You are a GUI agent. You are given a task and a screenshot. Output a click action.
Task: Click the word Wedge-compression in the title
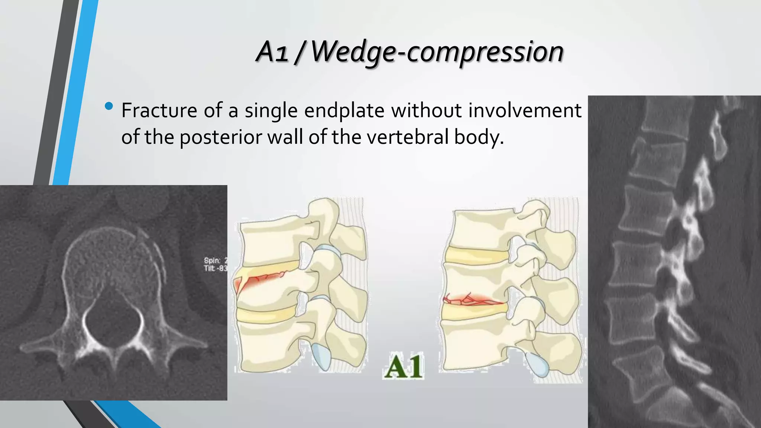point(437,52)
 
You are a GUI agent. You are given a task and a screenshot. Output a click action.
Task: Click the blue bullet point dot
point(109,106)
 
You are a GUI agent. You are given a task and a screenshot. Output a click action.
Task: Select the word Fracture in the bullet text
point(159,111)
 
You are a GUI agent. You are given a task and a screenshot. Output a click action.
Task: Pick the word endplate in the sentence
point(344,111)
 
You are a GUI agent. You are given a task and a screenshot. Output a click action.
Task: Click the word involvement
point(525,111)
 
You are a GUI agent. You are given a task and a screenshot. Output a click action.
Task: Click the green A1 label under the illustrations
point(404,367)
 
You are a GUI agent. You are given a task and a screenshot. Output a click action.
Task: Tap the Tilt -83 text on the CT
point(215,268)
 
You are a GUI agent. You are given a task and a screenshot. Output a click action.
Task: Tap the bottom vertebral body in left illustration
point(268,346)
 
